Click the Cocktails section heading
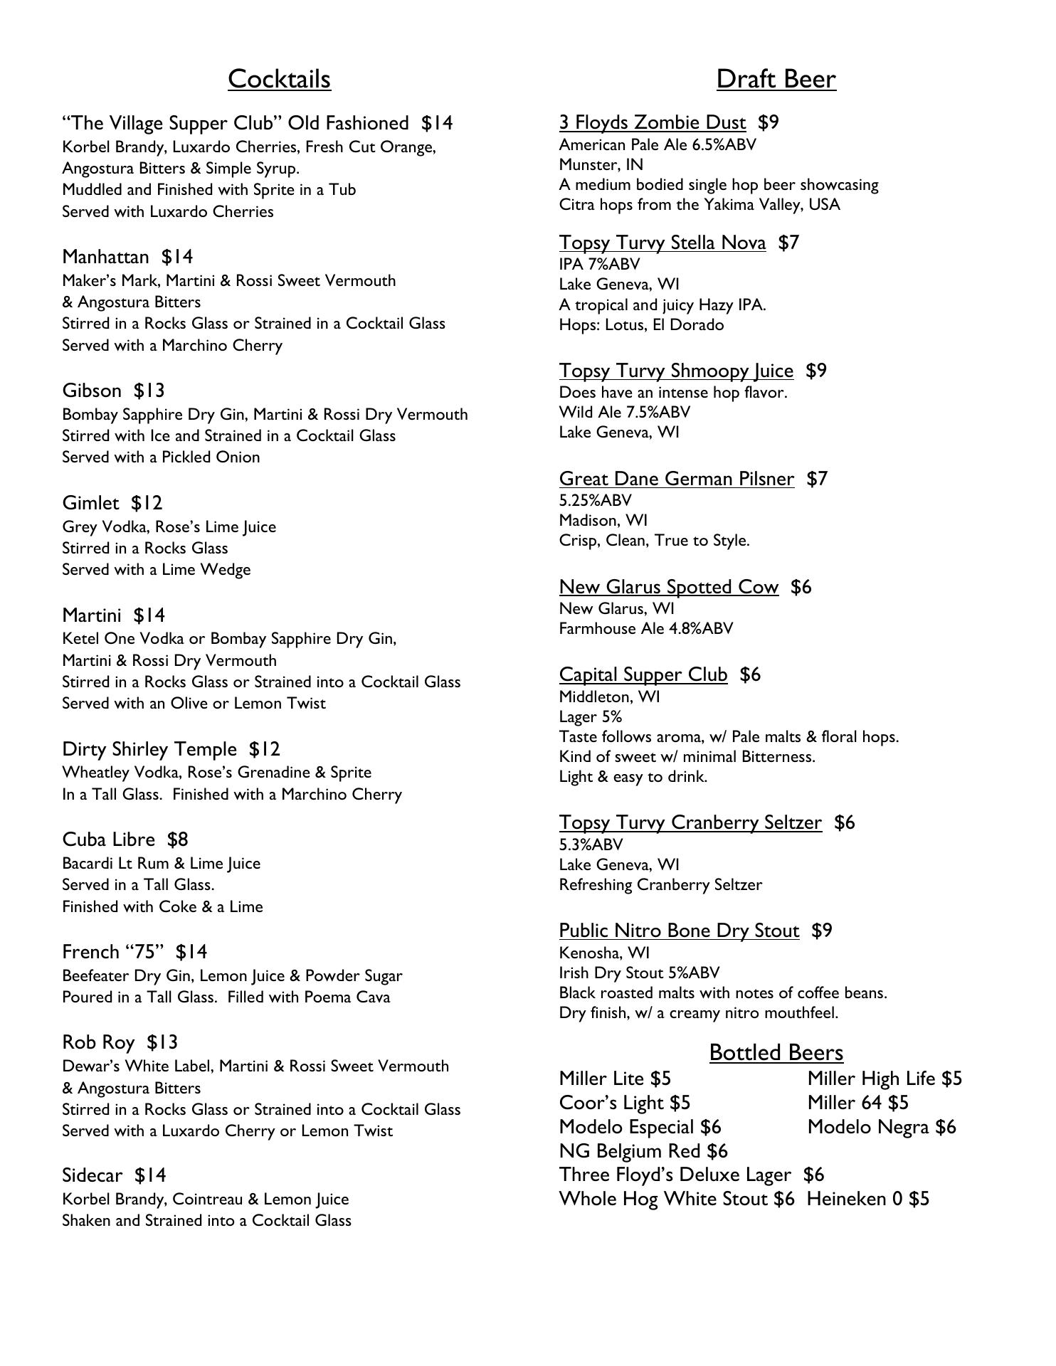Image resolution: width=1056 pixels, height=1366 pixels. [x=279, y=79]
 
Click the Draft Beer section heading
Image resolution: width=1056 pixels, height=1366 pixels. [x=776, y=79]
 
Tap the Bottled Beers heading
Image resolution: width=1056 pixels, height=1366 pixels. [x=776, y=1052]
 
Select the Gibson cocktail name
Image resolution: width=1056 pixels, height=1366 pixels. [x=92, y=391]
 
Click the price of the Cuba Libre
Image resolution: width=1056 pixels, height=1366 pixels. [x=178, y=840]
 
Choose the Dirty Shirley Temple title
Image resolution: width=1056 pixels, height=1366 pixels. [x=149, y=749]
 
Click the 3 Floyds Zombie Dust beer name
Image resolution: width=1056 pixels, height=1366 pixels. [x=653, y=123]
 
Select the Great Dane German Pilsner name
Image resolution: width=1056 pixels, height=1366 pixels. [x=677, y=479]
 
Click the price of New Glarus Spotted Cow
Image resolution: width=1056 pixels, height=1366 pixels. [x=801, y=587]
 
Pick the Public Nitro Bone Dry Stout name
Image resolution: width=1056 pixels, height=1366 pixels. [x=679, y=931]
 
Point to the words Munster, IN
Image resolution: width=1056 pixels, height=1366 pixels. [x=601, y=165]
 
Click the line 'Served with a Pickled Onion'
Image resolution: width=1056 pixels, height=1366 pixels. [x=161, y=457]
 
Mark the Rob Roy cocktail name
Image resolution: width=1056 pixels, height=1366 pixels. [x=98, y=1042]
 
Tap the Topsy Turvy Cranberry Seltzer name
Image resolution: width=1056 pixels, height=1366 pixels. [x=690, y=822]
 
